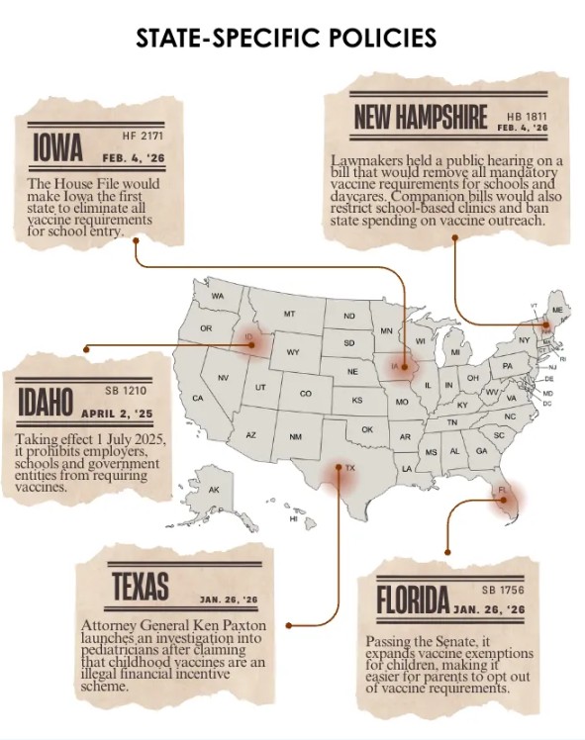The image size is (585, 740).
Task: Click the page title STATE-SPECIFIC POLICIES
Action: tap(286, 38)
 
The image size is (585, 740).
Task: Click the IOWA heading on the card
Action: tap(57, 148)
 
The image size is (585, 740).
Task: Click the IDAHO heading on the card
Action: tap(45, 404)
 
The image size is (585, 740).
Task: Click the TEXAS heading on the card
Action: tap(140, 587)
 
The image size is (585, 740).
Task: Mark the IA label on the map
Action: tap(395, 367)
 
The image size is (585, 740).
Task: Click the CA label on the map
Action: tap(197, 399)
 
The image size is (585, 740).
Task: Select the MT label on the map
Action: tap(290, 314)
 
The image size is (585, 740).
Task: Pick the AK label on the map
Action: tap(213, 490)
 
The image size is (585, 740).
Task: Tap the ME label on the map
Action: tap(556, 310)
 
